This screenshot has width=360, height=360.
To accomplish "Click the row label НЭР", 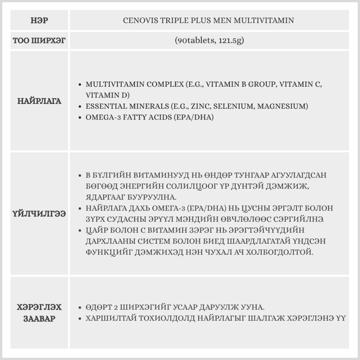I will point(39,21).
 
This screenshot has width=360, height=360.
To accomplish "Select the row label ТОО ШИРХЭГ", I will point(39,40).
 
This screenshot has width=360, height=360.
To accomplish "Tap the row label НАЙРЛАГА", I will point(39,101).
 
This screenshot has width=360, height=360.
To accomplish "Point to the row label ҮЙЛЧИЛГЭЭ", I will point(39,214).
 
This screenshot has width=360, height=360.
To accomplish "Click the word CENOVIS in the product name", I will point(139,21).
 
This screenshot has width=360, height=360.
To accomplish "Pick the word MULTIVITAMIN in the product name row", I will point(264,21).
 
